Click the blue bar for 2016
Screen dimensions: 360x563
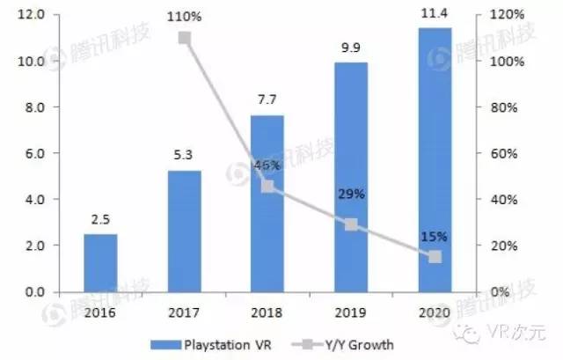click(100, 262)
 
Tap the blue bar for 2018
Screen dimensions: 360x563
click(267, 203)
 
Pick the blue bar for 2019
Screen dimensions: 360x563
click(351, 177)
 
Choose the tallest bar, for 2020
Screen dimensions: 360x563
click(435, 159)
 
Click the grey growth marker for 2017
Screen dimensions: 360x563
click(185, 38)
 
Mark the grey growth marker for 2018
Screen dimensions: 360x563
click(267, 186)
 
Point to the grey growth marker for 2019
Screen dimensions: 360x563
click(351, 224)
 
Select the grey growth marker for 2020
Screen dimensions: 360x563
click(435, 256)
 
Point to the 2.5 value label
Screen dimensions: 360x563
click(100, 221)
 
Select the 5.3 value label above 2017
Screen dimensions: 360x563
click(185, 156)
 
